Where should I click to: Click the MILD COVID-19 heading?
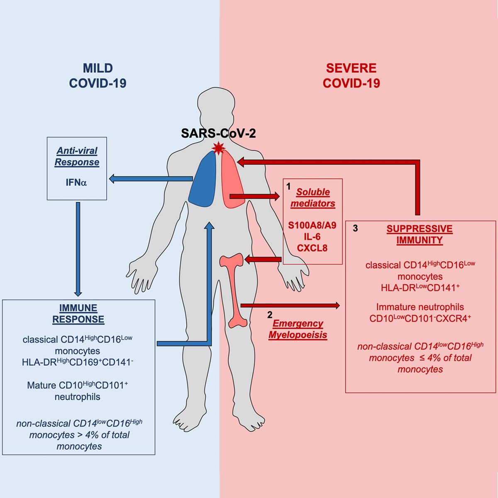pos(98,76)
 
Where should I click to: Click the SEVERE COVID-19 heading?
pos(351,76)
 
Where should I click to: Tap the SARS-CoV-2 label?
pos(218,133)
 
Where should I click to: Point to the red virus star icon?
pos(218,147)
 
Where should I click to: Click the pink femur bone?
pos(233,290)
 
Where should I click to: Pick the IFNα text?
pos(76,182)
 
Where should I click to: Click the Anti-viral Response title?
pos(77,156)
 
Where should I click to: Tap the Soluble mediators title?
pos(313,198)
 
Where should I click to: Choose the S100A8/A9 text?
pos(312,226)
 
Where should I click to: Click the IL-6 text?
pos(312,237)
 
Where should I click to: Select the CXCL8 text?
pos(312,248)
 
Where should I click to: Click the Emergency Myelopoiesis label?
pos(298,329)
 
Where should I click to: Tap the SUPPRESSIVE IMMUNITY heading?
pos(420,234)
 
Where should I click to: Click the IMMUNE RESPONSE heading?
pos(78,314)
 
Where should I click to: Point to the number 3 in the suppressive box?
pos(355,228)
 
